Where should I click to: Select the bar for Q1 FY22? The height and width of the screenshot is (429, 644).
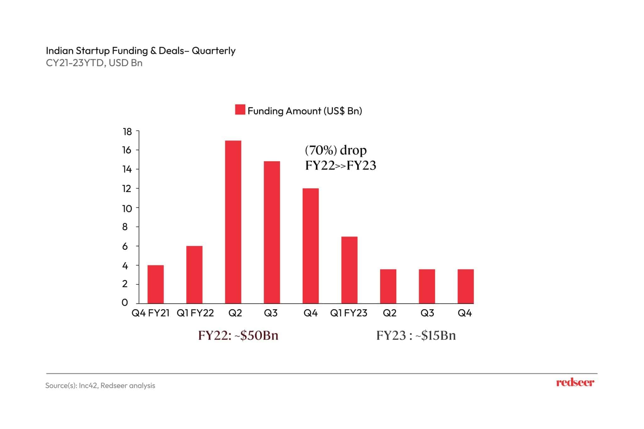click(194, 274)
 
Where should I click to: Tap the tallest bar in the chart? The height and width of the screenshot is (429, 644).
click(233, 222)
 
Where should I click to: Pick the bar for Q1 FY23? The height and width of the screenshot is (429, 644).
click(349, 270)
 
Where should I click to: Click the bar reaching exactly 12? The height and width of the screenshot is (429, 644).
click(311, 246)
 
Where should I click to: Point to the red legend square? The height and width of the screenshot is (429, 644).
click(240, 110)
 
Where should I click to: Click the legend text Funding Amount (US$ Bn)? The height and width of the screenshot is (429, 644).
click(305, 111)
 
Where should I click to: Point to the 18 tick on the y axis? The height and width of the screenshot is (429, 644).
click(127, 132)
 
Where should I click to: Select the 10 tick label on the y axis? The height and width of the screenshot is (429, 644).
click(127, 208)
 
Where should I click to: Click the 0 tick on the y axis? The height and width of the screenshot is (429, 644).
click(125, 303)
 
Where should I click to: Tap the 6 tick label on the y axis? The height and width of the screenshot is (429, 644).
click(125, 246)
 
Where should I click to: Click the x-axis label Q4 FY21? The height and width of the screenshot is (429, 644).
click(150, 313)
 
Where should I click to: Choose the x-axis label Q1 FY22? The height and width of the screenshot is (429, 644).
click(195, 313)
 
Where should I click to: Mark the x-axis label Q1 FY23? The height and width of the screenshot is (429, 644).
click(348, 313)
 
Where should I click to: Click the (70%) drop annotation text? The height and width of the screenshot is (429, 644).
click(336, 150)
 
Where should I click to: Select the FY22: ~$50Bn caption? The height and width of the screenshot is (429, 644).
click(238, 336)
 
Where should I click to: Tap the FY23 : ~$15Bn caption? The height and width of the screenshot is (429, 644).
click(416, 336)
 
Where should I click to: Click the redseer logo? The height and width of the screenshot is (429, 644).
click(575, 383)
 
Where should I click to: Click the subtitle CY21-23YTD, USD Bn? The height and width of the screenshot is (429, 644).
click(94, 63)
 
